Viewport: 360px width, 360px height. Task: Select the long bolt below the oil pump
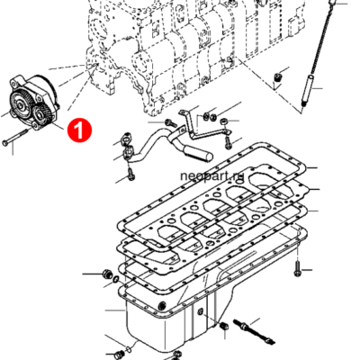(x=17, y=140)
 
